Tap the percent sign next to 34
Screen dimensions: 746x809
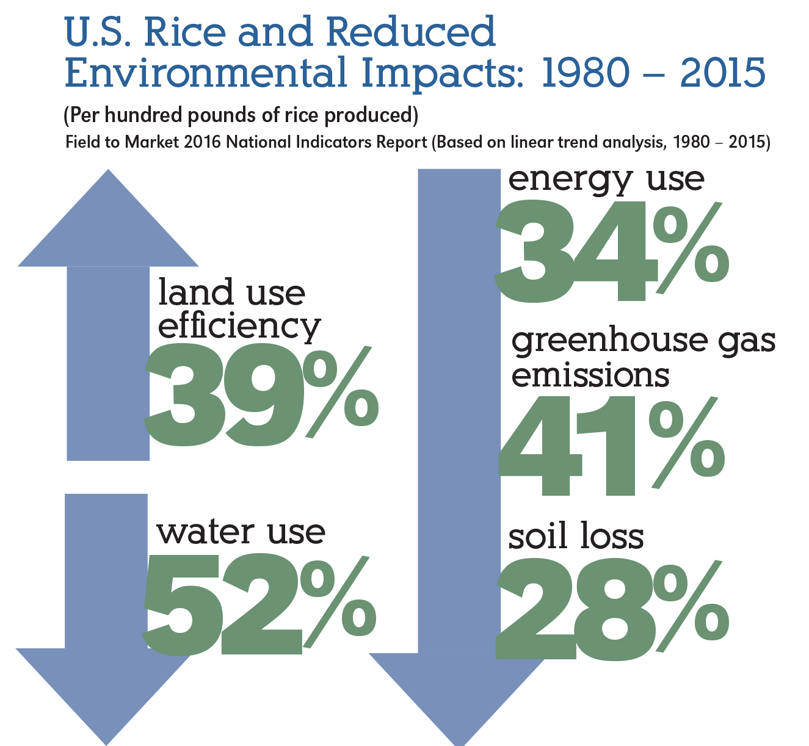(x=690, y=247)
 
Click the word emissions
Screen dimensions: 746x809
(x=590, y=376)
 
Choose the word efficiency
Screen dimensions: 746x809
(x=239, y=327)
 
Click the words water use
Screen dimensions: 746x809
(x=241, y=532)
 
